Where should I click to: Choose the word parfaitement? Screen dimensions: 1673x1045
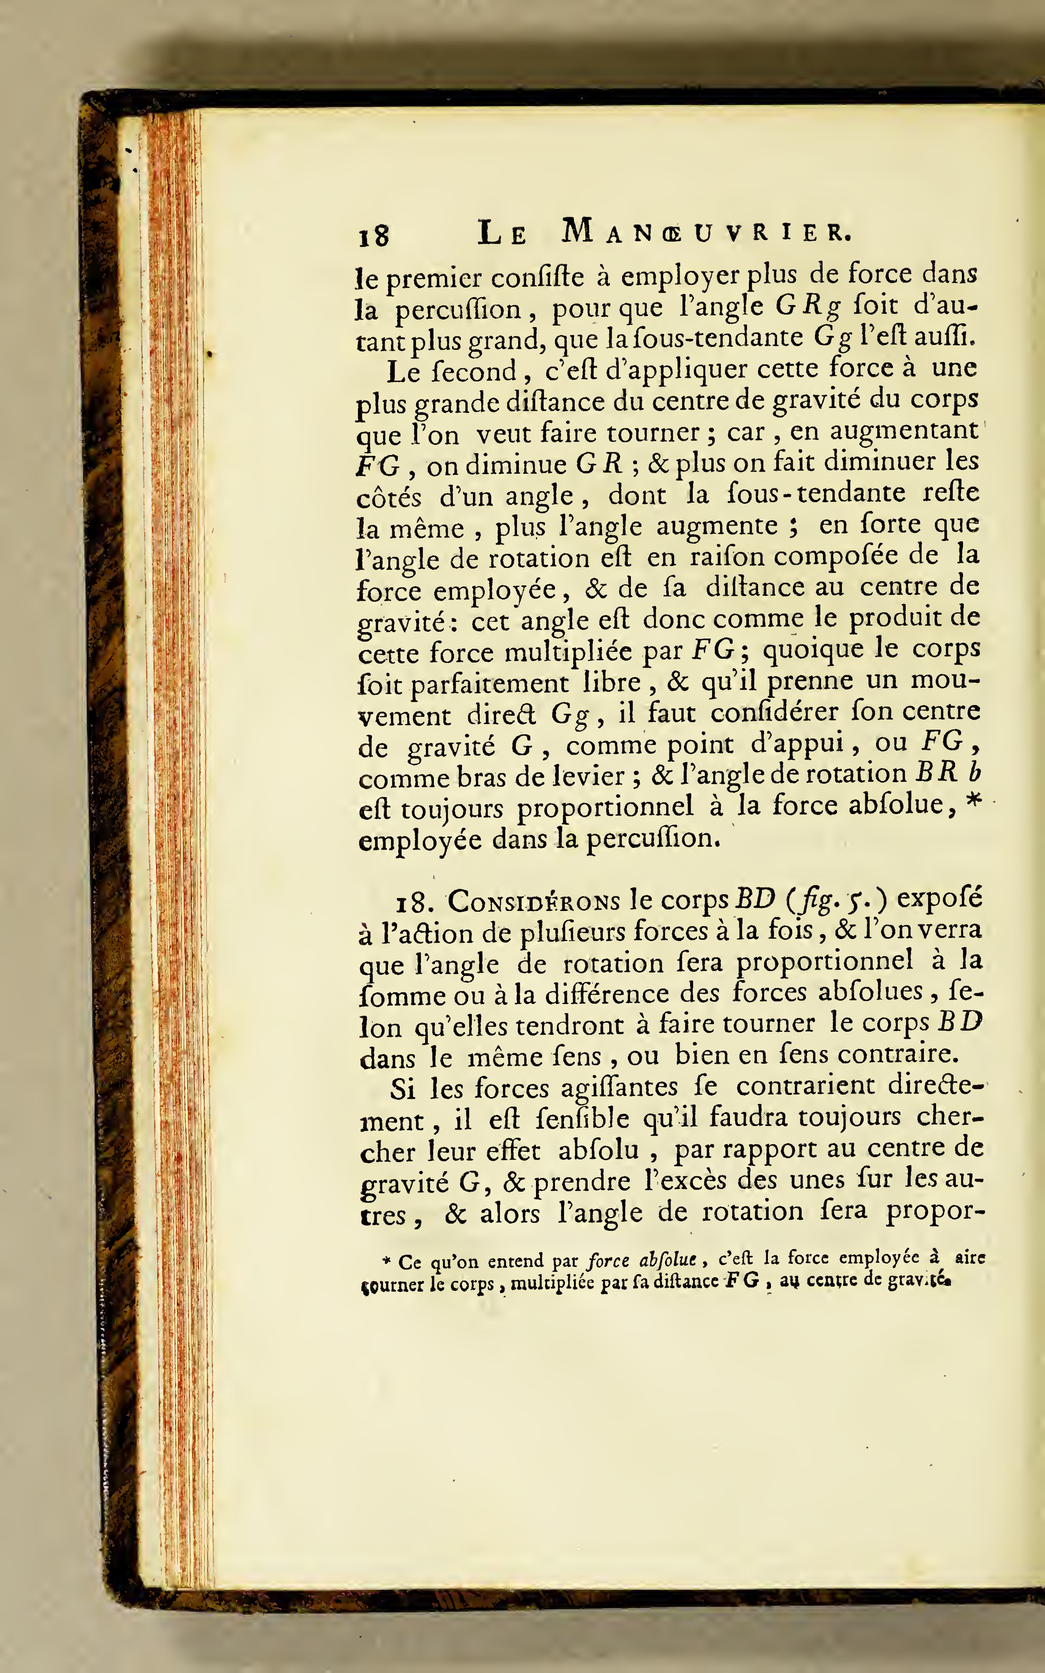point(490,684)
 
